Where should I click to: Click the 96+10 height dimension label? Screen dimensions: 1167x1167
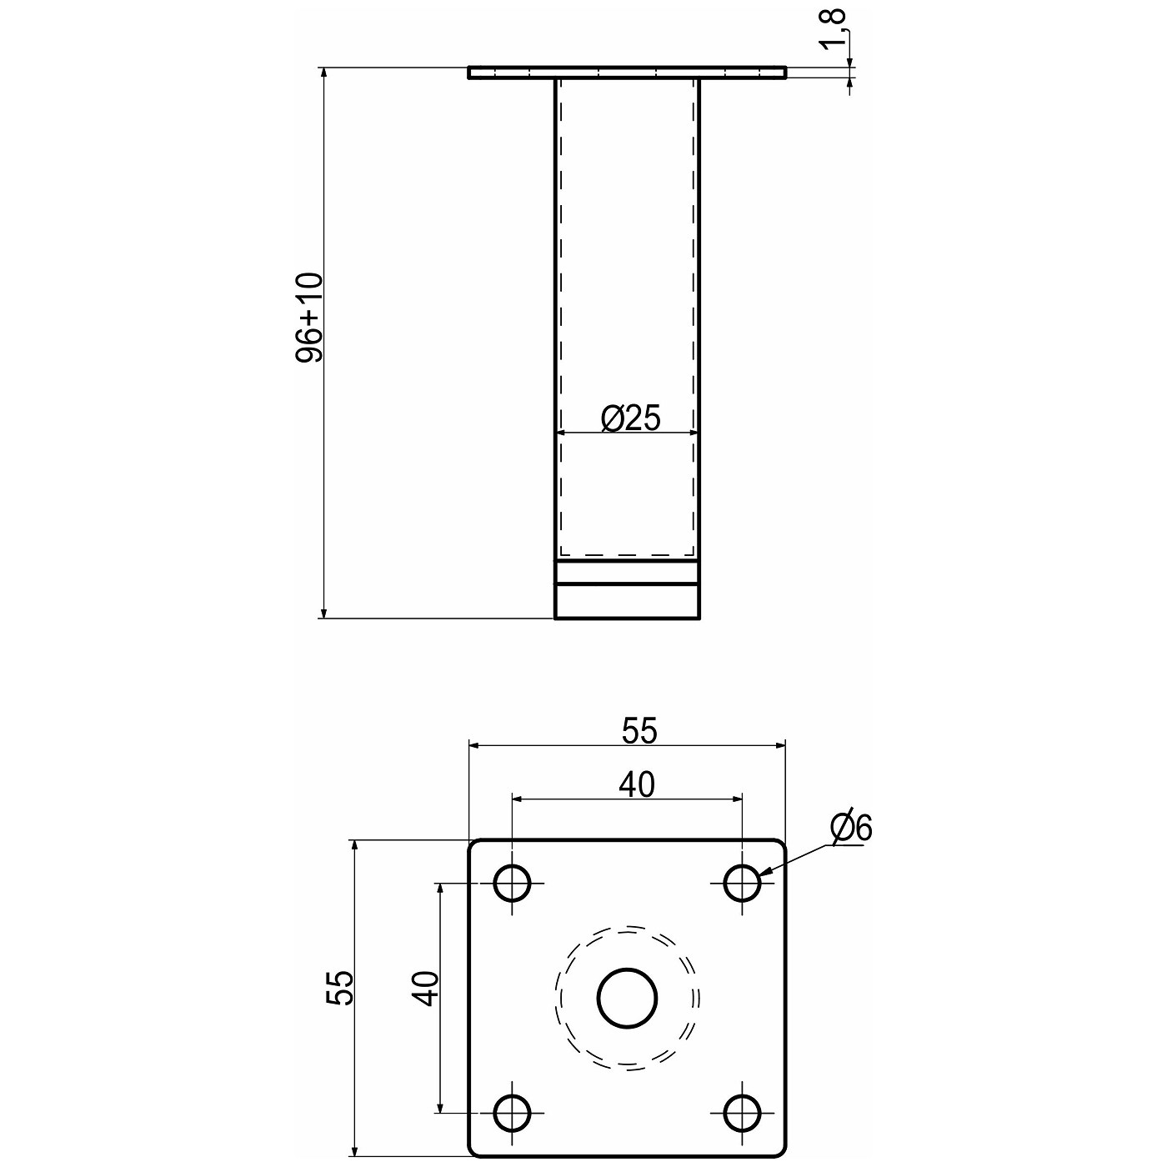309,318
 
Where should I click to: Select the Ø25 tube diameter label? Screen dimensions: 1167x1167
630,418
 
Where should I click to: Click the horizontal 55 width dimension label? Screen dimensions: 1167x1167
639,730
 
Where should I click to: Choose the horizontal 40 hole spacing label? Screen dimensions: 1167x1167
637,785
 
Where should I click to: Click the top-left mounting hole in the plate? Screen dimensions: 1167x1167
513,883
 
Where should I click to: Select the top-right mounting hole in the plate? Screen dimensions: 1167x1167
743,883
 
